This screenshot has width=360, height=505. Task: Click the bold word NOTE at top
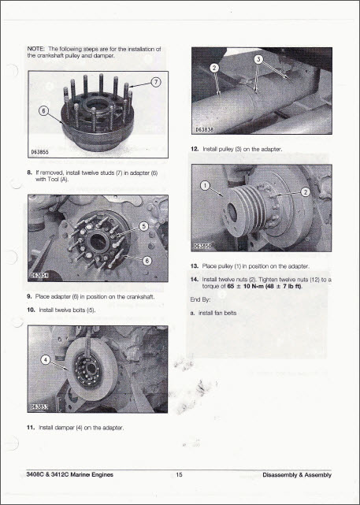click(35, 49)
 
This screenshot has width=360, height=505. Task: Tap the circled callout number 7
click(156, 82)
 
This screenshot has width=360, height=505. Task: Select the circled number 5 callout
click(144, 226)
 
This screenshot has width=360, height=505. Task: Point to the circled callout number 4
click(46, 360)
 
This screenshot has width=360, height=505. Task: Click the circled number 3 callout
click(259, 59)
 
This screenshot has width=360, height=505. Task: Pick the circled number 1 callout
click(205, 185)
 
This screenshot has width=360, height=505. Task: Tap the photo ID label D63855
click(40, 152)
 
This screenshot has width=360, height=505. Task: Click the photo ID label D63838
click(204, 130)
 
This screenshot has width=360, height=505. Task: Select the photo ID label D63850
click(202, 247)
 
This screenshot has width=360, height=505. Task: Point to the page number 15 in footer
click(179, 475)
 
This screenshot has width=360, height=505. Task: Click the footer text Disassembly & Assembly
click(297, 475)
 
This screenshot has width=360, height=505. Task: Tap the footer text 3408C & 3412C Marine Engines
click(70, 475)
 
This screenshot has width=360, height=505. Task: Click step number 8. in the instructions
click(29, 173)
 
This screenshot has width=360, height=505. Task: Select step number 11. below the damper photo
click(31, 428)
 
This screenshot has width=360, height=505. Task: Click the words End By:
click(200, 299)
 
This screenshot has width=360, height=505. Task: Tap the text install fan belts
click(217, 313)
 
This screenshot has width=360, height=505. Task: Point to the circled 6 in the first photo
click(43, 111)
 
